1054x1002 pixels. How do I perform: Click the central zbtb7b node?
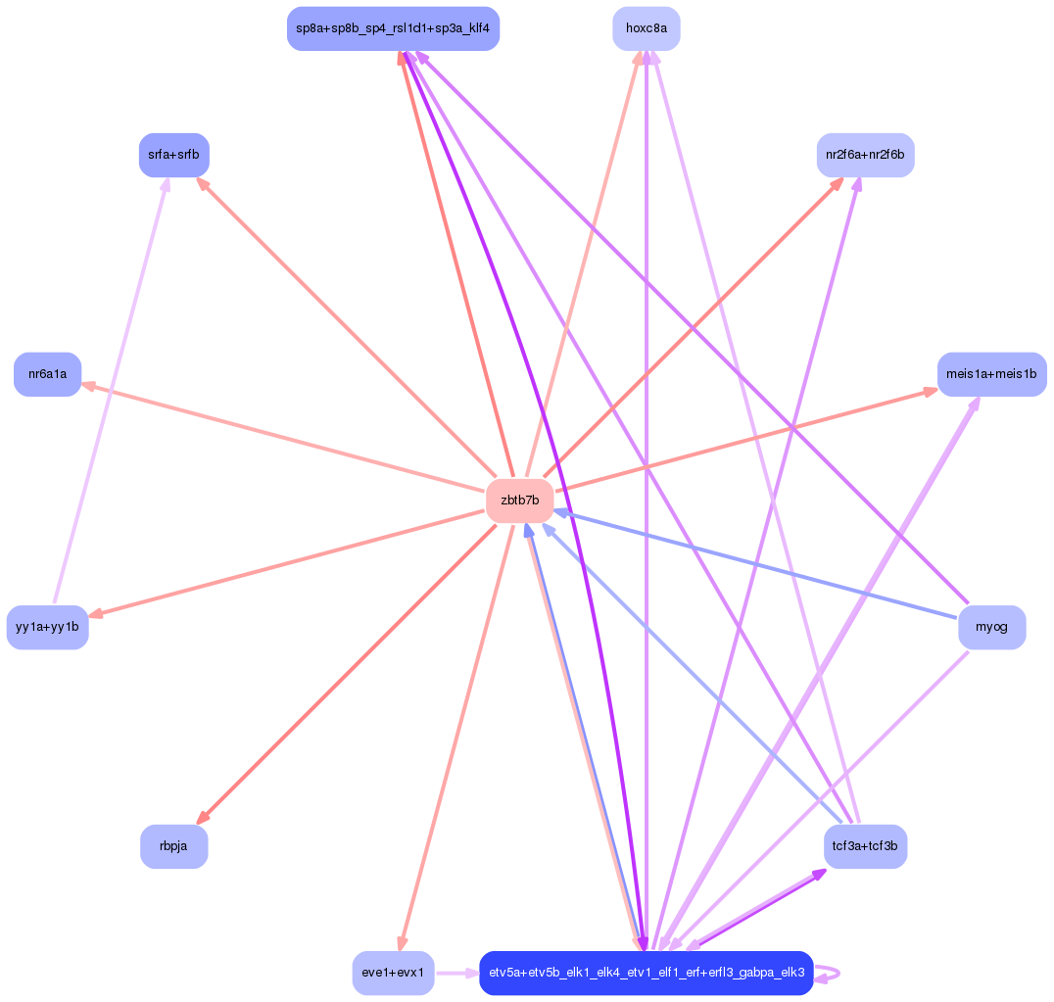[519, 501]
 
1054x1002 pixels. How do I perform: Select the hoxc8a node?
[647, 28]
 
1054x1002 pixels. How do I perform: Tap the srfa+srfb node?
[174, 155]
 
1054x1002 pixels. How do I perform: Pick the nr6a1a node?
[47, 374]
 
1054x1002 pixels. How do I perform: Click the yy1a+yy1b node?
[47, 627]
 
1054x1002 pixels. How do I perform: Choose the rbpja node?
[173, 846]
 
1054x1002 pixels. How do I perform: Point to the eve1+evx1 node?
[393, 973]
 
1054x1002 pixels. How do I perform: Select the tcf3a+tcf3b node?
[865, 846]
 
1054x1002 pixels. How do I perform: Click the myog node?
[992, 627]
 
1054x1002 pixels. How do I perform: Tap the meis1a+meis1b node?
[991, 374]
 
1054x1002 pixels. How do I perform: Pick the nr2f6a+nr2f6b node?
[865, 155]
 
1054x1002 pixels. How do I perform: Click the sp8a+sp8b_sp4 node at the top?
[393, 28]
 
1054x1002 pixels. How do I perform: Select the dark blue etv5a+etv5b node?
[647, 973]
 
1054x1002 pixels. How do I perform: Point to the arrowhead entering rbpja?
[202, 818]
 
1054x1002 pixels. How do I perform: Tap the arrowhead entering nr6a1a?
[88, 386]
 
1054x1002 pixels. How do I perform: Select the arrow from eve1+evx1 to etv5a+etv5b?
[455, 973]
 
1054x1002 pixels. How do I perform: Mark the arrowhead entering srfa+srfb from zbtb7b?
[203, 183]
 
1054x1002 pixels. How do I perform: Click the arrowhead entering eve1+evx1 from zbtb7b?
[401, 942]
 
